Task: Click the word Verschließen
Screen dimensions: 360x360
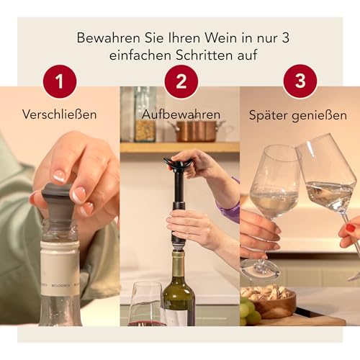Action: click(60, 114)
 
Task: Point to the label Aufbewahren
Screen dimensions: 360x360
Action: click(179, 114)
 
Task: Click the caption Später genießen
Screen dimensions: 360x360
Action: click(298, 114)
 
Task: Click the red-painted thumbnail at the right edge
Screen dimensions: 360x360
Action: click(350, 228)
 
